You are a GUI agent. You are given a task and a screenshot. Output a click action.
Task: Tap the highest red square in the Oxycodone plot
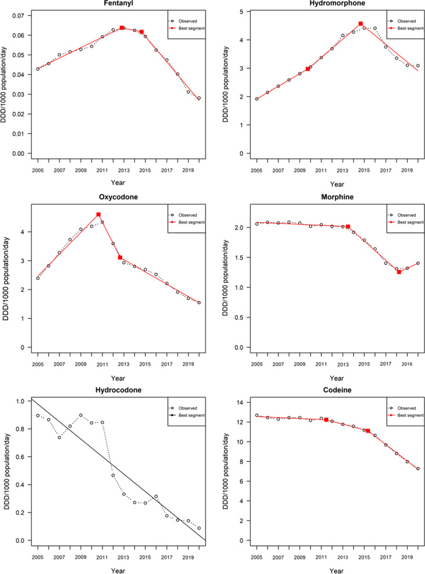(x=98, y=215)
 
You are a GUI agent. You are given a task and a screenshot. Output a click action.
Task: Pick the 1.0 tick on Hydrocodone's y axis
(x=19, y=401)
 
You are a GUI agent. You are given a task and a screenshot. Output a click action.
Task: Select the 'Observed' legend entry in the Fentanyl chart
(x=188, y=12)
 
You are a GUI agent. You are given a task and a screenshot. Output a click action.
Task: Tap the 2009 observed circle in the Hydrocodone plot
(x=81, y=415)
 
